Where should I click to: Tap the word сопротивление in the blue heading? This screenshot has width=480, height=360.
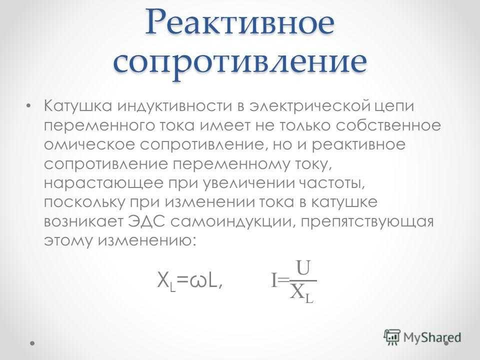tap(240, 63)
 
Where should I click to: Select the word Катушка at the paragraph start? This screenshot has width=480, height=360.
tap(78, 106)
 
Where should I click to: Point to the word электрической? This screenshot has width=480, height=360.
tap(310, 106)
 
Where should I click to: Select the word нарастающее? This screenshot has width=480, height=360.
tap(103, 183)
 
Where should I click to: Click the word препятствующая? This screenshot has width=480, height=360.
tap(367, 222)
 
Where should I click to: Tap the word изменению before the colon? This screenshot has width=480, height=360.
tap(146, 241)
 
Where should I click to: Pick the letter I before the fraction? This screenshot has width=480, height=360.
tap(274, 280)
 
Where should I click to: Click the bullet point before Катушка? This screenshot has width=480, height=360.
tap(28, 106)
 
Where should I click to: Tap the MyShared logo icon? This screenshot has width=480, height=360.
tap(392, 337)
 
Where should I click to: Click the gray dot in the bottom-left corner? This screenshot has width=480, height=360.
tap(32, 343)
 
